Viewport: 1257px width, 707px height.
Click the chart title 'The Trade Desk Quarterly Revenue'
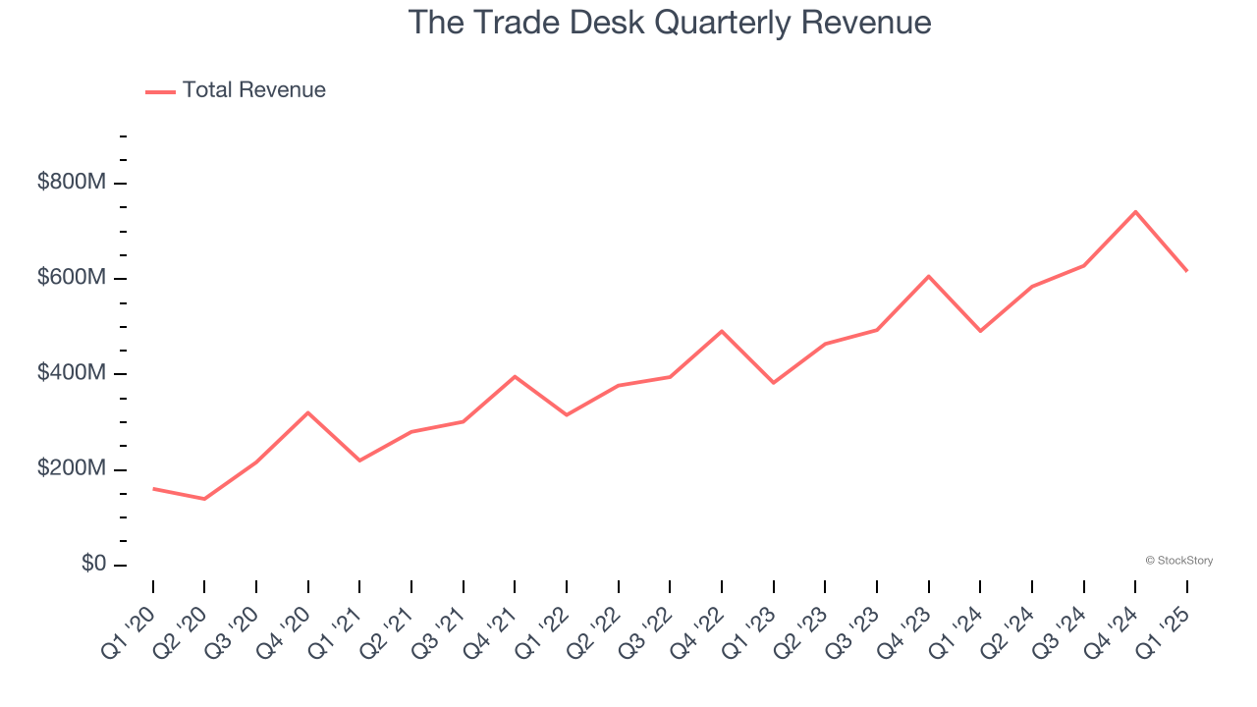click(x=669, y=22)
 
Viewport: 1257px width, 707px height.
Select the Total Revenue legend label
click(x=253, y=90)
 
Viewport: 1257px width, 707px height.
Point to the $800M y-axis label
click(x=72, y=183)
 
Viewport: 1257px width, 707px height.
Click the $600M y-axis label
click(x=72, y=278)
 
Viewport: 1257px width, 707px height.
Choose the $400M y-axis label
click(x=72, y=373)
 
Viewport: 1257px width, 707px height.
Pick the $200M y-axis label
click(x=72, y=468)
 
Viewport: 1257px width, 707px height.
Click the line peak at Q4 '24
click(x=1135, y=211)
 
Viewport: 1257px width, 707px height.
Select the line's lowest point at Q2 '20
click(x=204, y=499)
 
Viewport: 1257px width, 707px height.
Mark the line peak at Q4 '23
click(x=928, y=276)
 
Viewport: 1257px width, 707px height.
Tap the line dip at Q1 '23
click(x=774, y=382)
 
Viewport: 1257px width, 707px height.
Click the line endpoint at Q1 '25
click(x=1186, y=270)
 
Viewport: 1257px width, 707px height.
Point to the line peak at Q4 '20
click(x=308, y=412)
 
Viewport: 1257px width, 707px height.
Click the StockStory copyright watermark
click(x=1178, y=561)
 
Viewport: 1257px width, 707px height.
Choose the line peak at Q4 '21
click(x=515, y=376)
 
